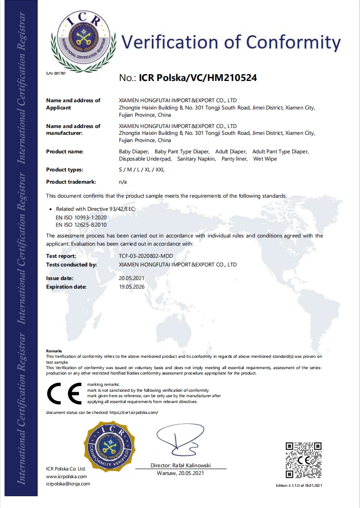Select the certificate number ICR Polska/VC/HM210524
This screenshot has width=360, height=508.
(198, 78)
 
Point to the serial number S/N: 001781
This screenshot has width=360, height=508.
(56, 73)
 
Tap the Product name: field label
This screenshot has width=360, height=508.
(65, 152)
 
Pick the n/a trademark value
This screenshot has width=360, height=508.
(123, 182)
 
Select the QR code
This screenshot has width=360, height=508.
(303, 460)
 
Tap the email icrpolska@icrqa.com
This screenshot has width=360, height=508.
(68, 484)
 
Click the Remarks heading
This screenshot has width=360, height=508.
(54, 351)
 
